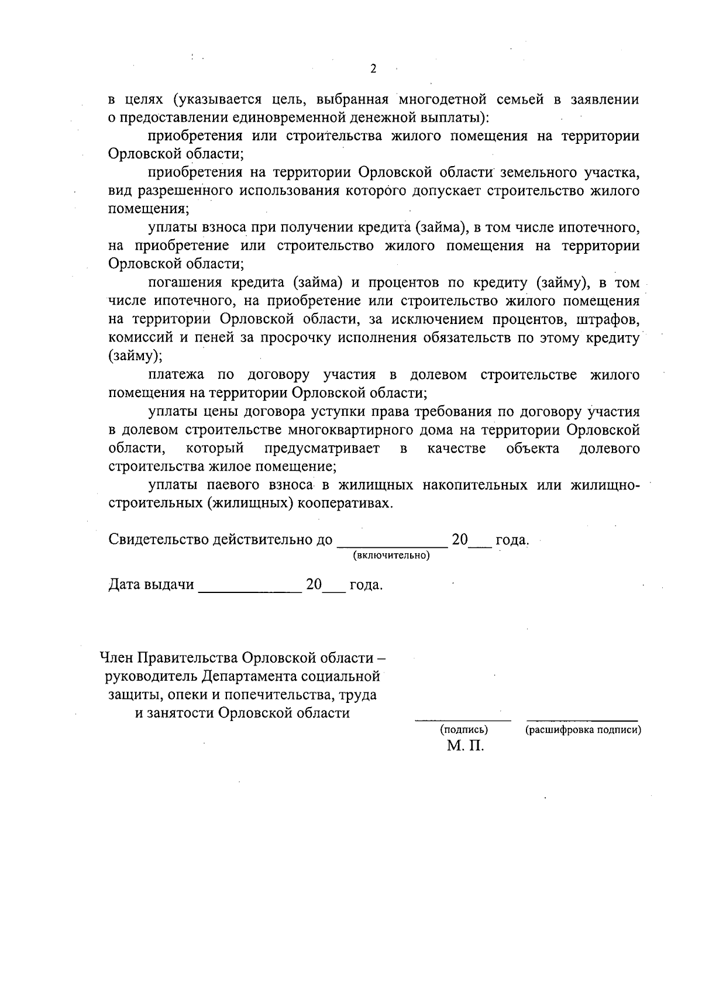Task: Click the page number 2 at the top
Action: click(x=373, y=69)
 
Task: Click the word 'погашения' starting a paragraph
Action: click(x=182, y=282)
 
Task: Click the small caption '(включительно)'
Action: click(x=391, y=555)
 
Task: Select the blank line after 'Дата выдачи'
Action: click(x=249, y=586)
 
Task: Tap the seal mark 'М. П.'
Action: click(x=466, y=747)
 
